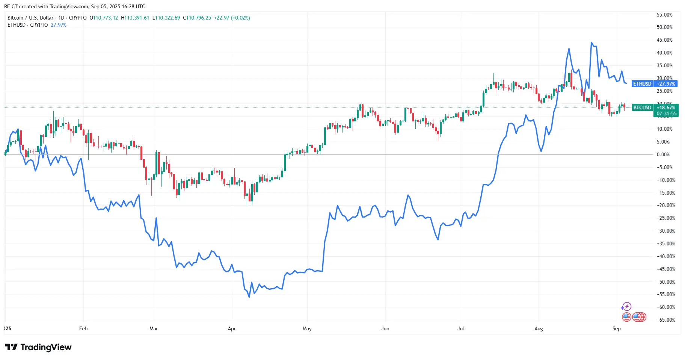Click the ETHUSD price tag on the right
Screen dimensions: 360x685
[642, 84]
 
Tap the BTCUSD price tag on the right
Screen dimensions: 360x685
[642, 107]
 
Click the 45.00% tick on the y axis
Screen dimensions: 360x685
[664, 40]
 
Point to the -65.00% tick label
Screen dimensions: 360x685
[665, 320]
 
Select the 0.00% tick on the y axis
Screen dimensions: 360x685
[663, 154]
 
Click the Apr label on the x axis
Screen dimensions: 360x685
[232, 328]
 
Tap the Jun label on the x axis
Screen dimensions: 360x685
[385, 328]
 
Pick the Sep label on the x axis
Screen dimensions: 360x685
[616, 328]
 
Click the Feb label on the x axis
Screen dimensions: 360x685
[83, 328]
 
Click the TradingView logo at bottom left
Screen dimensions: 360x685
[38, 347]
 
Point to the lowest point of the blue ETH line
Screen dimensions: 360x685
[249, 297]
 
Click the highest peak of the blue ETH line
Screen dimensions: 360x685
[591, 42]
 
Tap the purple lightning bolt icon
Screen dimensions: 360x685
[626, 307]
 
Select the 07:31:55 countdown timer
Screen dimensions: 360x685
[666, 113]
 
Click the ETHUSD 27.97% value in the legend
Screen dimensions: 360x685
[59, 25]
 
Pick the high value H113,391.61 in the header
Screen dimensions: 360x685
[135, 18]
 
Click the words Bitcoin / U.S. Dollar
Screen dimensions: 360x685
[30, 18]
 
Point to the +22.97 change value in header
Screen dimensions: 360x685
[222, 18]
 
